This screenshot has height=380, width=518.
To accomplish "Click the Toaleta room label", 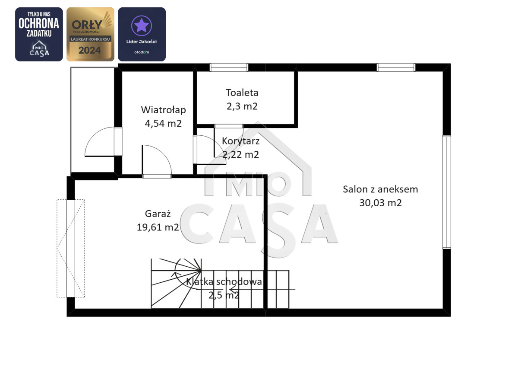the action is (x=242, y=93).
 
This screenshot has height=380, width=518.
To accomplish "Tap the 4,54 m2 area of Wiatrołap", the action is (x=163, y=124).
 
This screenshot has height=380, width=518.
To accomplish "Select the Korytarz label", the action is (x=240, y=141).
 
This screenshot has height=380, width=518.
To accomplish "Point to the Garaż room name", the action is (x=158, y=214).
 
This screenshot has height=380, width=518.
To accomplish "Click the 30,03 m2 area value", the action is (x=380, y=203).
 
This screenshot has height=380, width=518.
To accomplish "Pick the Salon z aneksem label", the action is (x=380, y=189).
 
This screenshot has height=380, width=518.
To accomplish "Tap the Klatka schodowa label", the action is (x=224, y=282).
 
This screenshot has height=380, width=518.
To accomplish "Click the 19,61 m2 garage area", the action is (x=158, y=227).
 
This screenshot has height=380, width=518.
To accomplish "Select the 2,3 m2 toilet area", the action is (x=242, y=106).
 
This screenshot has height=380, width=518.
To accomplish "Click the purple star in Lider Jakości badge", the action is (x=142, y=25).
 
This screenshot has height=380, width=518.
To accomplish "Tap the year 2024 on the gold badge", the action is (x=90, y=50).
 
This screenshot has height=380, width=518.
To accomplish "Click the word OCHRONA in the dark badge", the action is (x=39, y=23).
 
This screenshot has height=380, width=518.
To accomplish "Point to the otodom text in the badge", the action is (x=142, y=52).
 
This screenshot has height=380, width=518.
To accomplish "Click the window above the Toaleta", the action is (x=229, y=67).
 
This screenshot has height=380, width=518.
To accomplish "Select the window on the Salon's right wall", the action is (x=447, y=192).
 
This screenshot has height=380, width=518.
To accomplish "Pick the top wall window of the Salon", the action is (x=396, y=67).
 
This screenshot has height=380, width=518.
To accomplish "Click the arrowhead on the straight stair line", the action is (x=232, y=289).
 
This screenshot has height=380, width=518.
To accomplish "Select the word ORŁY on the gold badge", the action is (x=87, y=25).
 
